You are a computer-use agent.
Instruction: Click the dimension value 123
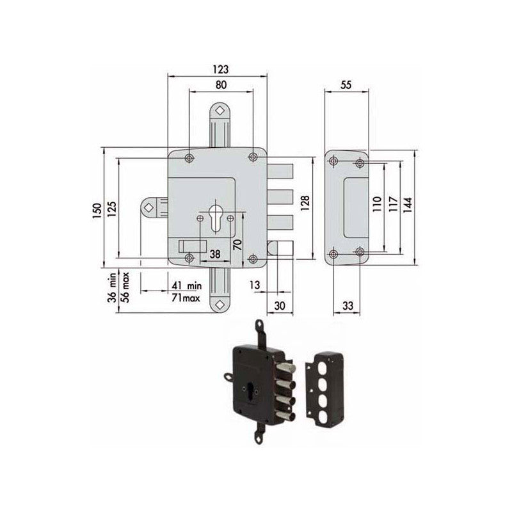point(218,69)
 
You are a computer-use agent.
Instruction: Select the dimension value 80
point(220,84)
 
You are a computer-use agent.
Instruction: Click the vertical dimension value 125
point(112,209)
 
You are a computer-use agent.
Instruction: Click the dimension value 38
point(215,254)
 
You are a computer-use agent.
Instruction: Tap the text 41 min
point(186,285)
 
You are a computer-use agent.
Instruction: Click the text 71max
point(186,298)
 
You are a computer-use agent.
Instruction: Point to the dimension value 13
point(255,285)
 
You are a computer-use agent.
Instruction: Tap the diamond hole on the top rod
point(220,111)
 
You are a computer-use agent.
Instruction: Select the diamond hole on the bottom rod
point(220,305)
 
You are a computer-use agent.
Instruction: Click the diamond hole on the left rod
point(148,207)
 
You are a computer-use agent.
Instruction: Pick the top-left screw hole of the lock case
point(189,157)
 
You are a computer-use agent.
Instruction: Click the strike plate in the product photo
point(326,380)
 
